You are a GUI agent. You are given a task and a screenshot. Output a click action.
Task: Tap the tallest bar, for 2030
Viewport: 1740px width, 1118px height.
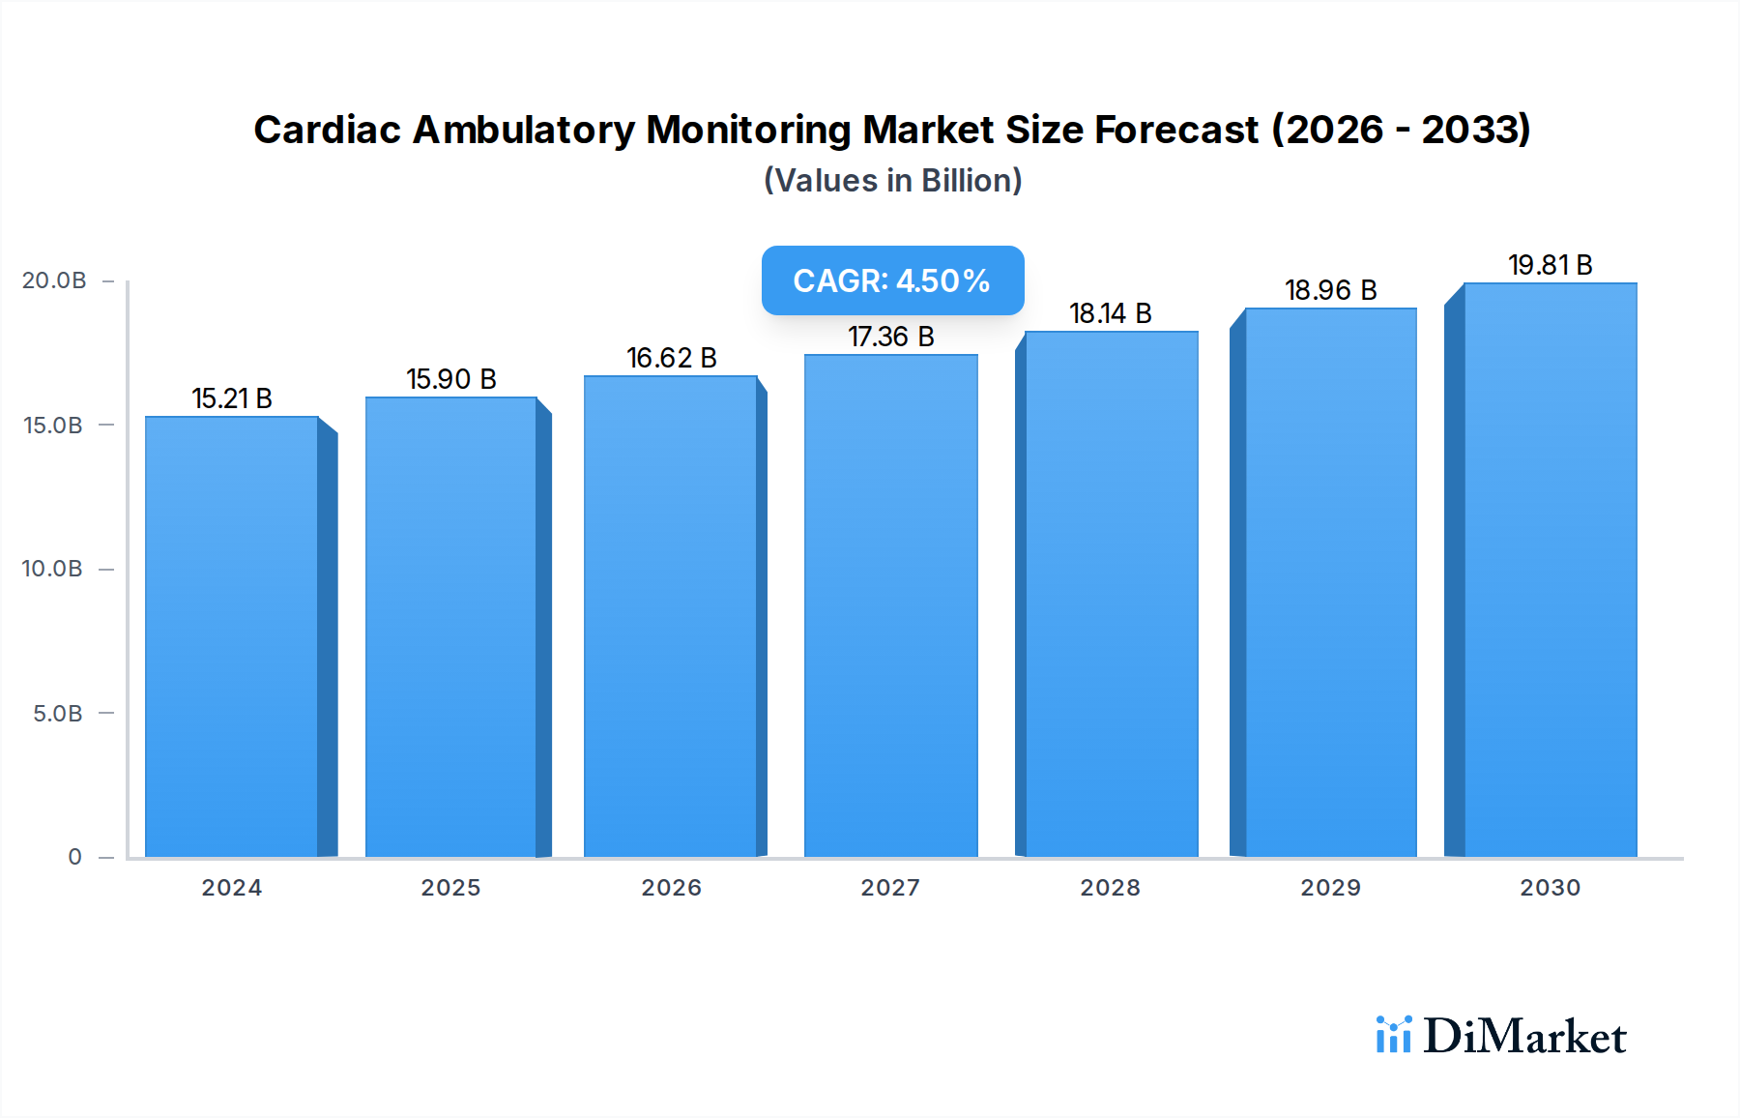(1550, 570)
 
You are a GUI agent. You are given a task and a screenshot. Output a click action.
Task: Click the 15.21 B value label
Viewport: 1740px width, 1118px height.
(232, 398)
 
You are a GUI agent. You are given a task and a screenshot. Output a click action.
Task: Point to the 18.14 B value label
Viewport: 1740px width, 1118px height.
(1110, 313)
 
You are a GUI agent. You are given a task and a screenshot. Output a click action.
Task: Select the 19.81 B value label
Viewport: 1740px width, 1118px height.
(1550, 265)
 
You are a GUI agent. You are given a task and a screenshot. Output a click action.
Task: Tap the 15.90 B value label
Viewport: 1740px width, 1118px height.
(450, 379)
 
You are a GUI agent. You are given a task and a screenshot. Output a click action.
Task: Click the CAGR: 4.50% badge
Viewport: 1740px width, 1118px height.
(891, 280)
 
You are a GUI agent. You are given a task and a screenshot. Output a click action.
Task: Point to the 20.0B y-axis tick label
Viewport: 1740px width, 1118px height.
(54, 280)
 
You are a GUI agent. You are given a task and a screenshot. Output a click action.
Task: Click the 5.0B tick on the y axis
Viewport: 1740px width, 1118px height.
(58, 714)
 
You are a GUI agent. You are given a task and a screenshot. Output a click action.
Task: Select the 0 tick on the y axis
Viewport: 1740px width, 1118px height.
(74, 857)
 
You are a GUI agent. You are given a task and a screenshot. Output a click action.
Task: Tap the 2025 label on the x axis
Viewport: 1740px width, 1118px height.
(450, 888)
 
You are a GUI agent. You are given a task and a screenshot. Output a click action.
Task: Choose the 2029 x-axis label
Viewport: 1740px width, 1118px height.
(1330, 888)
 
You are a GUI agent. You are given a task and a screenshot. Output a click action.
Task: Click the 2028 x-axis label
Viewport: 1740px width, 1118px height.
(1110, 888)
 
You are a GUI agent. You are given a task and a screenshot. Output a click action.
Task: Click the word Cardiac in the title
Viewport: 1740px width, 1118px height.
(327, 130)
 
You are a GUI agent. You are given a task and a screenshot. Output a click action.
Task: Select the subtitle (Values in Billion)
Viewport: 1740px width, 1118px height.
(892, 181)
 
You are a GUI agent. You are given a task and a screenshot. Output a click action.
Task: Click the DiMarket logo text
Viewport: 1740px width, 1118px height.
(1524, 1037)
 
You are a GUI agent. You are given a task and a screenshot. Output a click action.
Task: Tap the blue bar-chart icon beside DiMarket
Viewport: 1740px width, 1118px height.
(1393, 1035)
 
